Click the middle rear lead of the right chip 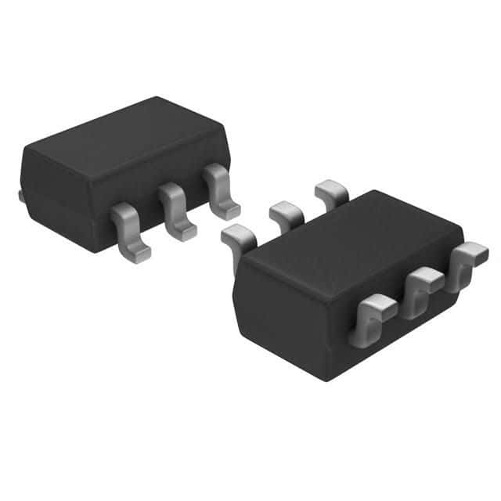[x=285, y=211]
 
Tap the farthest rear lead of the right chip [x=332, y=190]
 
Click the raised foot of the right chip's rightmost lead [x=472, y=252]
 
